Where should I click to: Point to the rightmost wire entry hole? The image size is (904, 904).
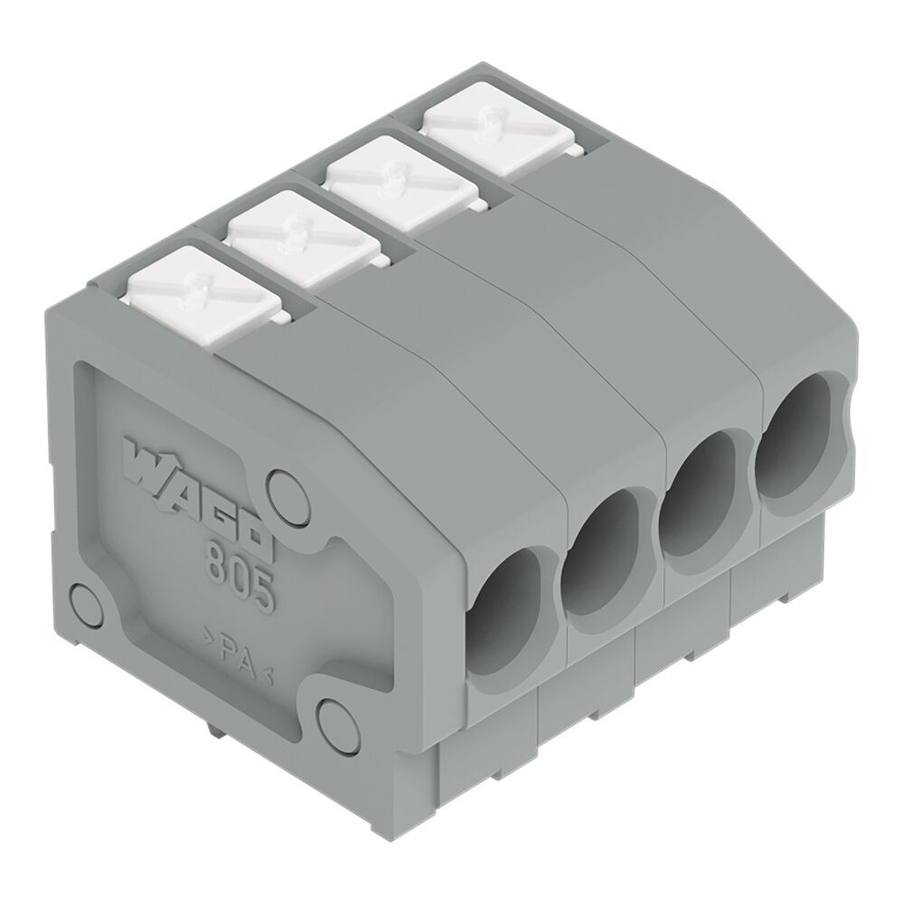[796, 434]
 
